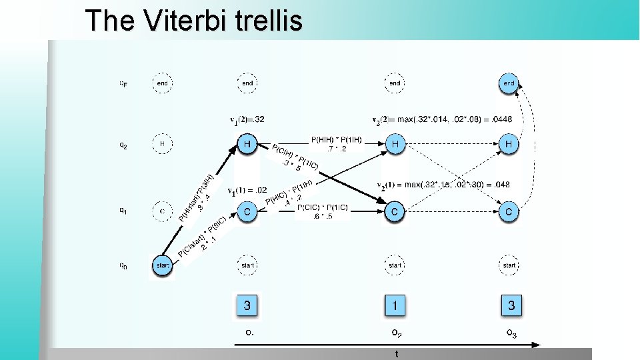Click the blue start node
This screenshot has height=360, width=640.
coord(162,265)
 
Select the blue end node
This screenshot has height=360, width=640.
coord(509,83)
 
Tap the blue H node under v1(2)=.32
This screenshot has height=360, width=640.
coord(247,143)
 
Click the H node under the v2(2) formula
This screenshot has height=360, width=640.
coord(395,143)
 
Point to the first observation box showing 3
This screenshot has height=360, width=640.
coord(247,306)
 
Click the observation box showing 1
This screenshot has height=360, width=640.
coord(395,306)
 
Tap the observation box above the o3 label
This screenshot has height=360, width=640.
coord(511,306)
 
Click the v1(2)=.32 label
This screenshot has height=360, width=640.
coord(247,120)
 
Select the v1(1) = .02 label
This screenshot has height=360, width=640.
coord(247,191)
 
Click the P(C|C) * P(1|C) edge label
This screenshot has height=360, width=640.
coord(322,212)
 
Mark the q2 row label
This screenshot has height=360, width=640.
coord(123,144)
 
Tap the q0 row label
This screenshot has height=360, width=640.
coord(123,266)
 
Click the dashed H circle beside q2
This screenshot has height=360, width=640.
coord(162,143)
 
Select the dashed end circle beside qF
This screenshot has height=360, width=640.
coord(162,83)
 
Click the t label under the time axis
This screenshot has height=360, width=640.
coord(397,354)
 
